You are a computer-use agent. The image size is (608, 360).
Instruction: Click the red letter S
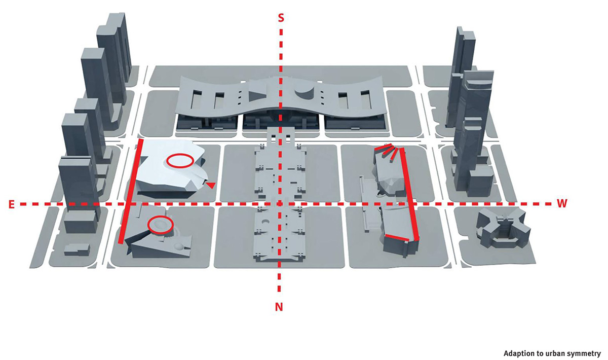pyautogui.click(x=281, y=18)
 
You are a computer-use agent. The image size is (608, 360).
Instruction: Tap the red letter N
pyautogui.click(x=279, y=307)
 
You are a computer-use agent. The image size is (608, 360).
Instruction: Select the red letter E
pyautogui.click(x=11, y=204)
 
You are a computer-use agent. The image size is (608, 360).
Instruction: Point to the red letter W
pyautogui.click(x=562, y=203)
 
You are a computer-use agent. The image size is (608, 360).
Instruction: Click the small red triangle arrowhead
pyautogui.click(x=210, y=185)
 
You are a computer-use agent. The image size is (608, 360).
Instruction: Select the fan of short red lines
pyautogui.click(x=386, y=153)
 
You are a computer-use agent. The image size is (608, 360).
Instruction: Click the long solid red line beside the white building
pyautogui.click(x=130, y=191)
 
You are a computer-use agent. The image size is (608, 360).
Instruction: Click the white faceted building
pyautogui.click(x=171, y=170)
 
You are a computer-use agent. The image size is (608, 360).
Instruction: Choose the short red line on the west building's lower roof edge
pyautogui.click(x=397, y=238)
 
